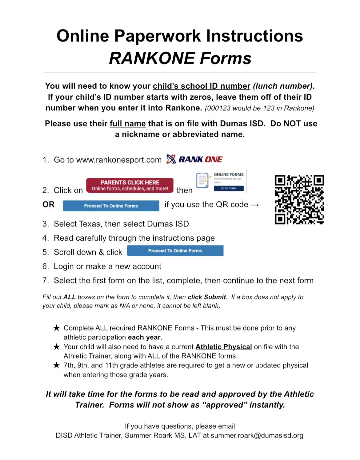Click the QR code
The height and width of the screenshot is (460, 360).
tap(299, 200)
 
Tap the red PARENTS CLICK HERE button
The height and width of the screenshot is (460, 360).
tap(130, 185)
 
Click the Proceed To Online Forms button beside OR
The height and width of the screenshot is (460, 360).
tap(111, 206)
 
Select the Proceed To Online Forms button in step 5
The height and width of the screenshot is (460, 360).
tap(175, 251)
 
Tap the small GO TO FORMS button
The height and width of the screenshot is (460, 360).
tap(229, 188)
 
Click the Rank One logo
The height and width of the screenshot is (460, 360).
tap(194, 159)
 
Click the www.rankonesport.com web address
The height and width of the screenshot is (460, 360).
tap(119, 160)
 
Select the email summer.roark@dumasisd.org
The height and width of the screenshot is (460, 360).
tap(257, 435)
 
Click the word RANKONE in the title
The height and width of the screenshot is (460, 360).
tap(152, 58)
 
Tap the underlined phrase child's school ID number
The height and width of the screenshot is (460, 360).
tap(202, 86)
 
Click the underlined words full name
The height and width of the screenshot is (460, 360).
tap(128, 124)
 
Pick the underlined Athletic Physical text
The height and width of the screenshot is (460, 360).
tap(224, 347)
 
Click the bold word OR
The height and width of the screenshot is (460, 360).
tap(48, 205)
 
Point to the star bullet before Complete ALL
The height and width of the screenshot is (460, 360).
tap(56, 328)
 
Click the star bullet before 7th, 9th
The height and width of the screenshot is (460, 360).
tap(56, 366)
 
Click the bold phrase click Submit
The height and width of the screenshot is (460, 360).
tap(207, 297)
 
